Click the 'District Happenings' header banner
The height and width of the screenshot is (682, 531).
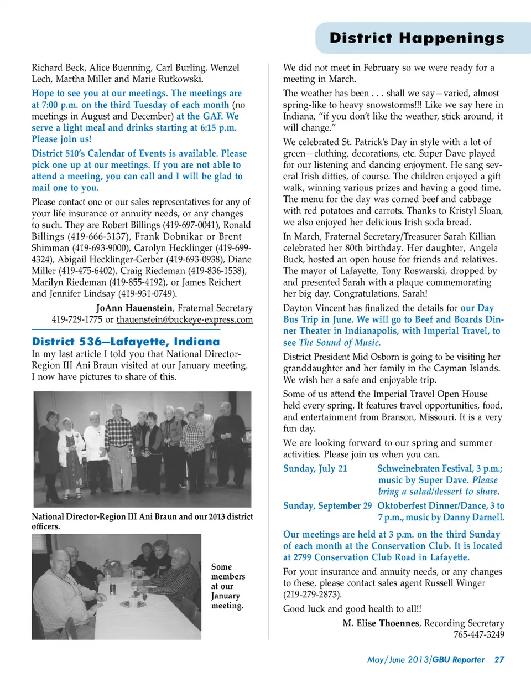(416, 38)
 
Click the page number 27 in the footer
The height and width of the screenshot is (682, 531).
(499, 659)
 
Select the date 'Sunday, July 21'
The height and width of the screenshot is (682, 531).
(315, 468)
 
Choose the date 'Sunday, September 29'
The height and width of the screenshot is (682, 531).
(327, 505)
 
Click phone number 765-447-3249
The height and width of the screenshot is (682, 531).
(479, 634)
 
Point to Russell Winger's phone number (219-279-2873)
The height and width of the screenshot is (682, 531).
(312, 595)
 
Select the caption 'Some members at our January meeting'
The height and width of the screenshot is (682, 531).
(228, 586)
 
